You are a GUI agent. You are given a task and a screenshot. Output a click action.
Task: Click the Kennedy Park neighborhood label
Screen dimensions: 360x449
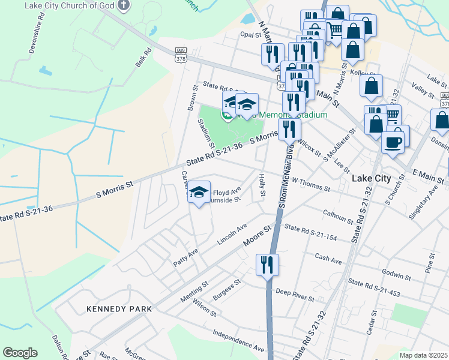click(119, 308)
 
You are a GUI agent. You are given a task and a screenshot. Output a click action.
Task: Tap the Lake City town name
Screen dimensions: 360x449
click(371, 178)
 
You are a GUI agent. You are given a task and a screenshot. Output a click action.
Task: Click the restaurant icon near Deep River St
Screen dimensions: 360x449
click(267, 264)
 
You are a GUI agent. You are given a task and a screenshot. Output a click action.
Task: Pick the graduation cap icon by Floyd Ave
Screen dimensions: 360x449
click(199, 192)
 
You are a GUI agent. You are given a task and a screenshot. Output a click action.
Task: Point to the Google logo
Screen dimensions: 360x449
click(20, 353)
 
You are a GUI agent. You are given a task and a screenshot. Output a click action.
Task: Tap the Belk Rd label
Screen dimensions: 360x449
click(142, 58)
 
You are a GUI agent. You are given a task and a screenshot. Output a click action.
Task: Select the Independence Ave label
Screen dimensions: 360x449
click(238, 340)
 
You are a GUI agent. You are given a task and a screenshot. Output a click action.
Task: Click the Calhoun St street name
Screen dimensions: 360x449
click(339, 214)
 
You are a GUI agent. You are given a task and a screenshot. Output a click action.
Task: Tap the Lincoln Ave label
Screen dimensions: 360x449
click(232, 233)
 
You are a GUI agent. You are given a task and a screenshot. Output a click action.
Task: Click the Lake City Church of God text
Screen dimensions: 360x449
click(70, 5)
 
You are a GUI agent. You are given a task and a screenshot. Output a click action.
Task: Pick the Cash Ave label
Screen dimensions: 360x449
click(328, 259)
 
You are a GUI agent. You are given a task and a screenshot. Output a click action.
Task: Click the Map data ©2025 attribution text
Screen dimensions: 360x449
click(423, 355)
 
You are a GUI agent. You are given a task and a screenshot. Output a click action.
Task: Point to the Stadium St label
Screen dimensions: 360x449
click(206, 133)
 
